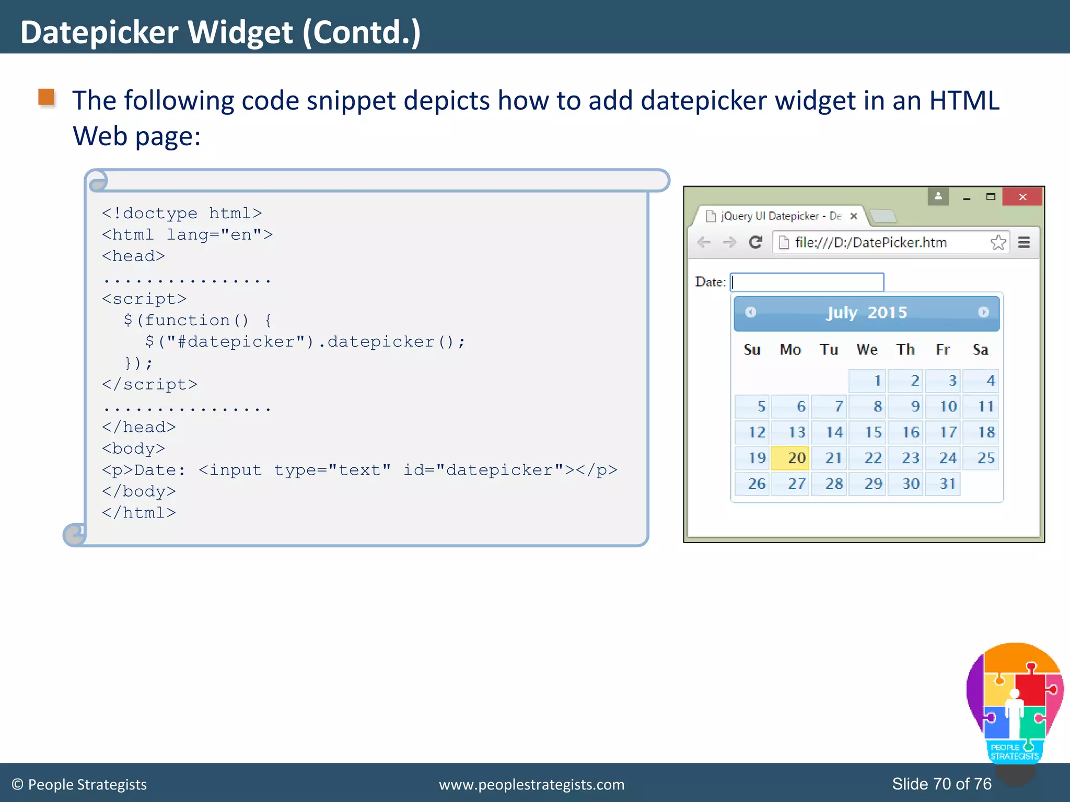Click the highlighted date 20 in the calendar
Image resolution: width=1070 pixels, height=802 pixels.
tap(790, 458)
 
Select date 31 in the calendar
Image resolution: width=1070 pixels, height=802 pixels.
tap(943, 483)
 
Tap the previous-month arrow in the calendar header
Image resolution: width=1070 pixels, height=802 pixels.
tap(751, 312)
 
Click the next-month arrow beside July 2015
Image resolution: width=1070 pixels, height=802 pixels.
tap(983, 312)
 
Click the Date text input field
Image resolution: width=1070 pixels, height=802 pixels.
tap(807, 282)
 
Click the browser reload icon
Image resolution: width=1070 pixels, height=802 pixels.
tap(755, 242)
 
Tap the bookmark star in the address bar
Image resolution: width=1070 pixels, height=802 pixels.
tap(997, 242)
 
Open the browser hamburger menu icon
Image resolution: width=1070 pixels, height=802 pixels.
tap(1024, 242)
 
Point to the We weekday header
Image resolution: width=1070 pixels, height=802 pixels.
tap(867, 349)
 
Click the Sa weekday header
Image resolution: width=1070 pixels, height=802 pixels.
tap(980, 349)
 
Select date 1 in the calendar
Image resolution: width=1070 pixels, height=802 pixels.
tap(867, 381)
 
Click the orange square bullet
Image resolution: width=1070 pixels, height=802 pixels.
tap(46, 97)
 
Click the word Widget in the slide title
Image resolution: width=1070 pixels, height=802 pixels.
tap(240, 32)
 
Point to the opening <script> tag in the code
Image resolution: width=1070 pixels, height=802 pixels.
tap(144, 299)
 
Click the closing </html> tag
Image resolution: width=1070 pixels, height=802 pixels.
tap(139, 512)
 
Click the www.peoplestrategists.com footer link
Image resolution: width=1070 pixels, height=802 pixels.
tap(531, 784)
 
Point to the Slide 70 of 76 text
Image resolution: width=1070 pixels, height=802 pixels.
tap(941, 784)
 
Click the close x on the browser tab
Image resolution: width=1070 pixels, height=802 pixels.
tap(854, 216)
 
